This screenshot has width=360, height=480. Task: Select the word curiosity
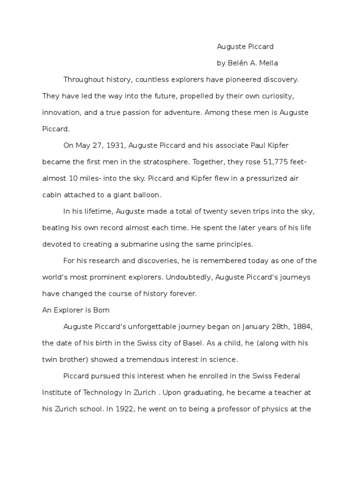coord(276,96)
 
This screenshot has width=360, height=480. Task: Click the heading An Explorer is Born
coord(76,310)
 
